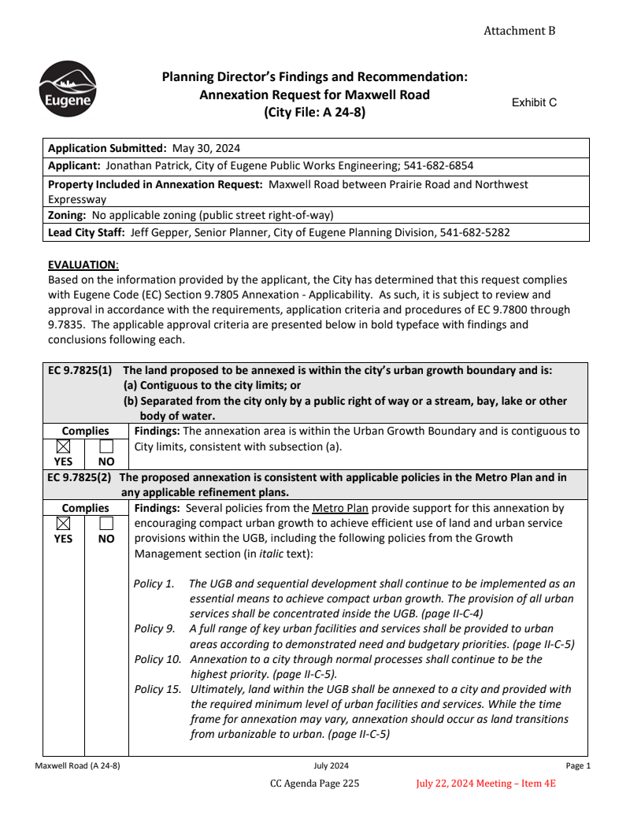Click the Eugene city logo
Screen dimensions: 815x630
click(x=68, y=89)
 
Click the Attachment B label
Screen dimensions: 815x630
click(x=519, y=31)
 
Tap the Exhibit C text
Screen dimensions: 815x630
click(x=534, y=102)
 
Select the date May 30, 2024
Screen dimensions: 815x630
click(x=206, y=148)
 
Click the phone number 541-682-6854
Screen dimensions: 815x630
click(x=438, y=166)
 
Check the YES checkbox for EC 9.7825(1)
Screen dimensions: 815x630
click(x=64, y=446)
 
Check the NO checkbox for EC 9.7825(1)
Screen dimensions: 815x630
click(x=106, y=446)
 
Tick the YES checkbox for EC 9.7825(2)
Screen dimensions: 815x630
click(x=64, y=524)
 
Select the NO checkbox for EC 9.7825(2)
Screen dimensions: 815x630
click(x=106, y=524)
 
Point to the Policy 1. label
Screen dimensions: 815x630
click(x=154, y=583)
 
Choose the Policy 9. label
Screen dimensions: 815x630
click(x=154, y=628)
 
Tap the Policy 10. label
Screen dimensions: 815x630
click(x=157, y=658)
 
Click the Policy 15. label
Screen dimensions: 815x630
click(x=157, y=689)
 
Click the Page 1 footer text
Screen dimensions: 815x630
click(x=577, y=765)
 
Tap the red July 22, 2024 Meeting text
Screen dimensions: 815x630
click(x=486, y=784)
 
